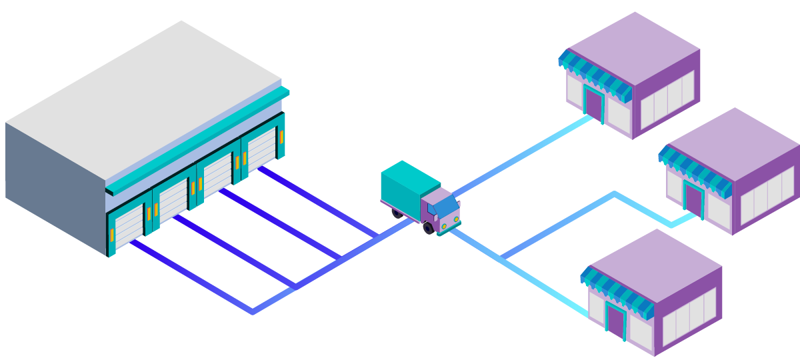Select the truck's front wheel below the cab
point(429,228)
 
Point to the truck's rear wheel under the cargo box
point(397,213)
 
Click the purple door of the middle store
point(694,199)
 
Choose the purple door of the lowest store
point(615,321)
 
